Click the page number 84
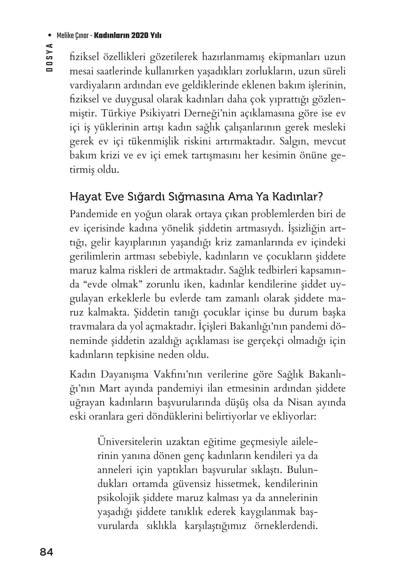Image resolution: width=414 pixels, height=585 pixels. point(46,552)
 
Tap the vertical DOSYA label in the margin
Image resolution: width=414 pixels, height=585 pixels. point(49,57)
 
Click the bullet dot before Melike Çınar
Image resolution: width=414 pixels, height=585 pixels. point(50,36)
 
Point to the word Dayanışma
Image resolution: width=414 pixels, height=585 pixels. point(125,375)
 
